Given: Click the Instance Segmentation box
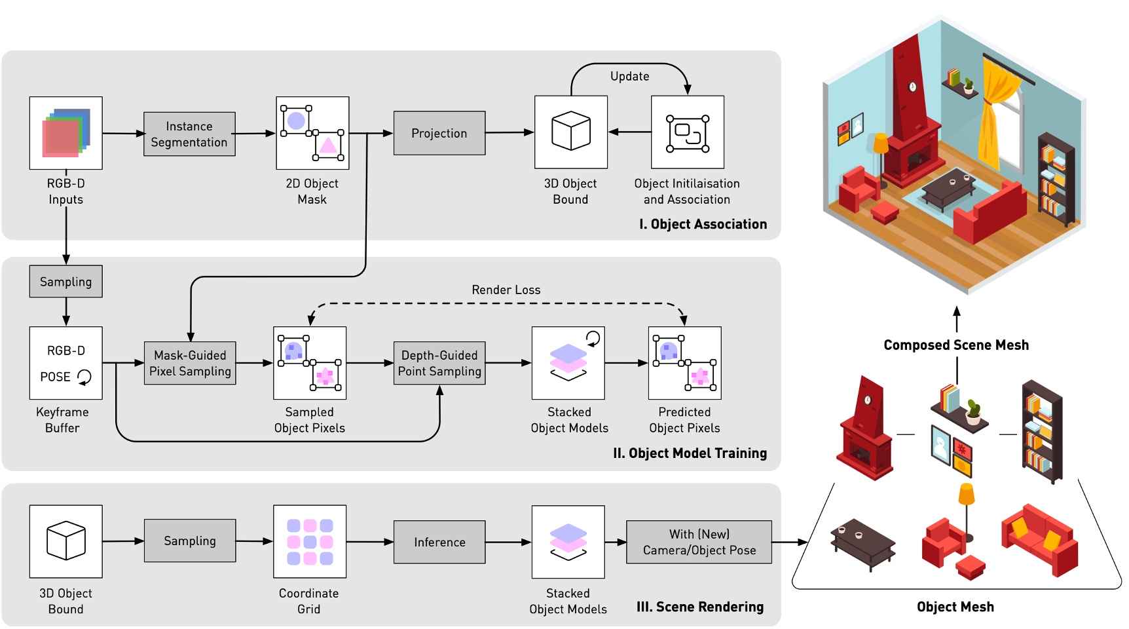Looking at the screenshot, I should (x=189, y=134).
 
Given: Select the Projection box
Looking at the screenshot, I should (x=439, y=133).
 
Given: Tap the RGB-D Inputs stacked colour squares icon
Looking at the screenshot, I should (x=66, y=133).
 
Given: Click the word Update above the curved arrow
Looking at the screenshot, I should (x=629, y=76).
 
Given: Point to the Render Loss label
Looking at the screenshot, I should (x=506, y=290).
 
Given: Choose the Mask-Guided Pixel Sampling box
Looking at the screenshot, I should (x=190, y=363).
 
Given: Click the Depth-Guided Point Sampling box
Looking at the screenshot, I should (x=439, y=363).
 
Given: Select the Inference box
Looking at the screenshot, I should (x=439, y=542).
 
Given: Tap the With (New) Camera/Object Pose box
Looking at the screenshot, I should (x=699, y=542).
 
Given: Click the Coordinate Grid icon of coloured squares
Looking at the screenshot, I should (x=310, y=541).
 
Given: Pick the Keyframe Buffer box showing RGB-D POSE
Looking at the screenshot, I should (x=66, y=363).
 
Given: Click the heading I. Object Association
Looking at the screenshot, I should (x=703, y=224).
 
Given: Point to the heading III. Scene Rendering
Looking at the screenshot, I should (x=699, y=607).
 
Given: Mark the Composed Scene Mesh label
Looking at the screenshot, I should (x=955, y=345).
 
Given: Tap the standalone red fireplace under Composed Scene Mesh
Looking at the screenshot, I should (x=866, y=429).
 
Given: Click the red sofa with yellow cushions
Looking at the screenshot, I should (x=1039, y=539).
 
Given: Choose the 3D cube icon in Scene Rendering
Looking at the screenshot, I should (x=66, y=541).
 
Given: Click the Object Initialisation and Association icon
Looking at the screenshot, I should (x=688, y=132).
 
